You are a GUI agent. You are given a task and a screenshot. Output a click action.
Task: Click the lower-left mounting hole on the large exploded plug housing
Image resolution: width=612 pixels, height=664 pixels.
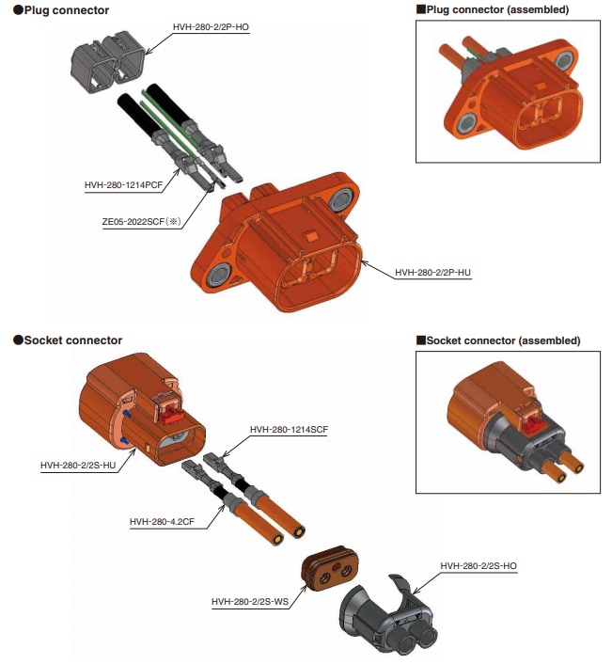219,275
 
